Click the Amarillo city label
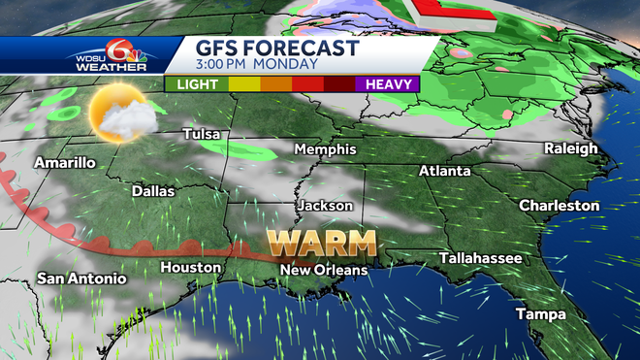point(65,163)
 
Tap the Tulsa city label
point(205,134)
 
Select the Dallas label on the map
point(153,191)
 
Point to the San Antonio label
point(81,278)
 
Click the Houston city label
point(184,267)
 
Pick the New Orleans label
point(323,269)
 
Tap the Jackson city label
point(325,206)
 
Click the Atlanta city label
point(444,171)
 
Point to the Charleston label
point(560,206)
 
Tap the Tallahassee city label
point(480,258)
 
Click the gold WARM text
point(323,241)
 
